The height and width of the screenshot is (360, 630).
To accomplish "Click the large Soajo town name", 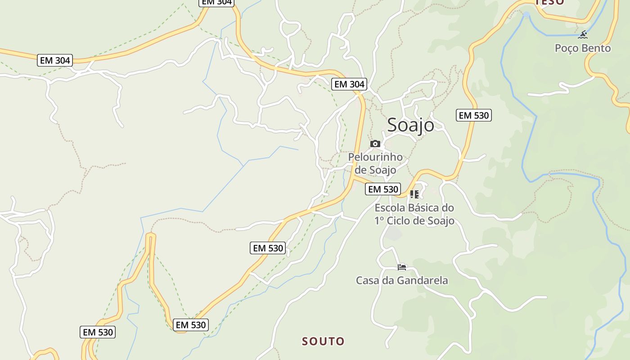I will point(410,125).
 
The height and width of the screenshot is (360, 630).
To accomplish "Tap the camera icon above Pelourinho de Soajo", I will point(375,144).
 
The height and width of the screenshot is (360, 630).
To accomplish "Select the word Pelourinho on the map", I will point(375,157).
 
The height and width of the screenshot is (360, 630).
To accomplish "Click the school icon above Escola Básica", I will point(414,194).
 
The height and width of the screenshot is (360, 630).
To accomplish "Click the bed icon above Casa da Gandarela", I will point(402,267).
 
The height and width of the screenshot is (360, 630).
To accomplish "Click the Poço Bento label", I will point(583,48).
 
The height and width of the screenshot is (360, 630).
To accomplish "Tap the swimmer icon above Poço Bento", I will point(584,34).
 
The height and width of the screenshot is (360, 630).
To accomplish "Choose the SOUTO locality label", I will point(323,341).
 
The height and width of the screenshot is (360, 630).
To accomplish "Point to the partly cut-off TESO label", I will point(550,2).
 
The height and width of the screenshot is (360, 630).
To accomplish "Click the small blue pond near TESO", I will point(526,16).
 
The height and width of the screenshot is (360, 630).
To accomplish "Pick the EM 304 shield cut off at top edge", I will point(216,2).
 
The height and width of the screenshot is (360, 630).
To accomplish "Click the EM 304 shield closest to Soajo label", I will point(349,84).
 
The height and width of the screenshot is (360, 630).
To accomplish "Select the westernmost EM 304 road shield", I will point(55,60).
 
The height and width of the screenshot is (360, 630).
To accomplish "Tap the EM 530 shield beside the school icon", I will point(383,189).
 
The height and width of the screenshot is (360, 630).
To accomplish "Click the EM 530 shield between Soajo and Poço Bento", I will point(473,115).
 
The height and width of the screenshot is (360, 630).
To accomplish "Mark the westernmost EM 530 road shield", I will point(98,332).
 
